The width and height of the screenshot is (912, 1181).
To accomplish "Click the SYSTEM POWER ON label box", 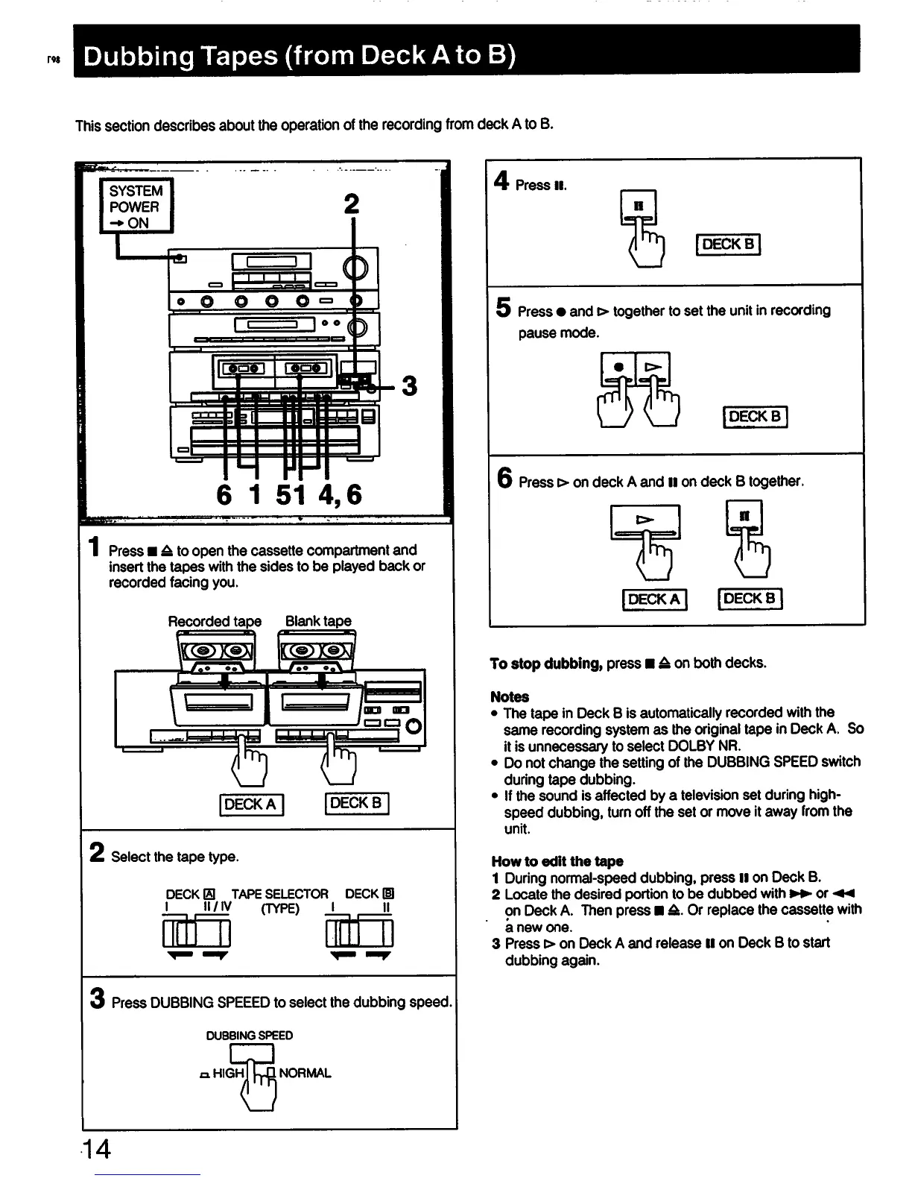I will (x=136, y=207).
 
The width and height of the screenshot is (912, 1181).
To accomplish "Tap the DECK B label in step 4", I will (x=728, y=245).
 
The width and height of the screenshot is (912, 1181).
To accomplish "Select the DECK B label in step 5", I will (x=756, y=417).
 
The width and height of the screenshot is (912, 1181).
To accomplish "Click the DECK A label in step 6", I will (x=654, y=599).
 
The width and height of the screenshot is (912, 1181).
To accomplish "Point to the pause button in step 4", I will (x=639, y=207).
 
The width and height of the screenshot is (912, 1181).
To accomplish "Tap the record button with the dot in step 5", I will (x=618, y=368).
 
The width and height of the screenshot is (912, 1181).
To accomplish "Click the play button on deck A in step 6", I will (x=645, y=520).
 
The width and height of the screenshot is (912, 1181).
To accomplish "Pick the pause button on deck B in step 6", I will (x=744, y=516).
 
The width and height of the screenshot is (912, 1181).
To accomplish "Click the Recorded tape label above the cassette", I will (x=215, y=621).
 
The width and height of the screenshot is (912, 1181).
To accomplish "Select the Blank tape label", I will (x=318, y=621).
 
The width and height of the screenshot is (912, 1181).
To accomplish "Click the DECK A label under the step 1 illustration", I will (x=250, y=804).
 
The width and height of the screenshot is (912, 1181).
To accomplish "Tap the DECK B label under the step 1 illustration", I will (x=356, y=804).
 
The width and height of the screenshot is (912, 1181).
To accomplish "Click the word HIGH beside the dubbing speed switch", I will (x=228, y=1074).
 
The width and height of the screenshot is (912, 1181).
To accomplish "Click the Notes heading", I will (x=510, y=697).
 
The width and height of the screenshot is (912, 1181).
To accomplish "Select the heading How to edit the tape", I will (x=557, y=861).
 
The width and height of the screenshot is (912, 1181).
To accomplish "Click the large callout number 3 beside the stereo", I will (x=409, y=386).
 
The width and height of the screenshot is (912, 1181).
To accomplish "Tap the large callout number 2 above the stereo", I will (x=352, y=204).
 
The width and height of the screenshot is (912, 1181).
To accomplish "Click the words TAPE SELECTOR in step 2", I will (x=280, y=894).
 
